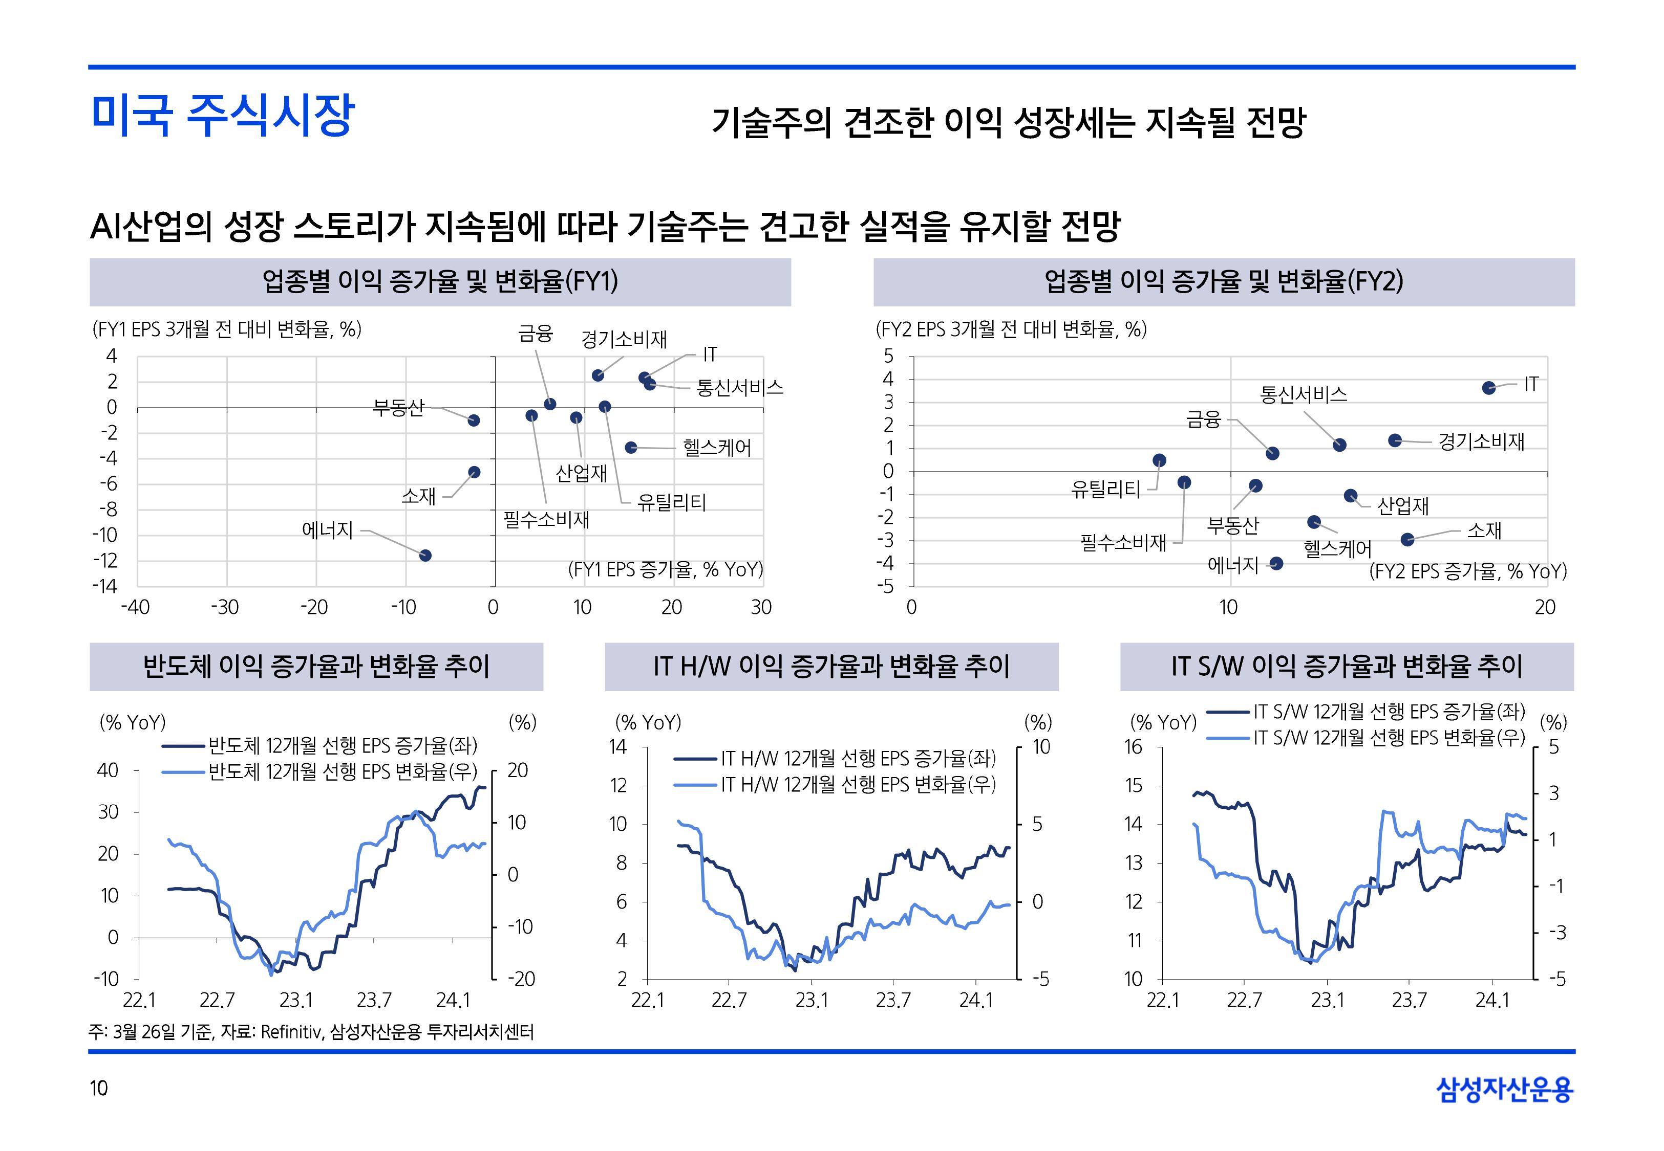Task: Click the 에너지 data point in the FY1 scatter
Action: click(425, 556)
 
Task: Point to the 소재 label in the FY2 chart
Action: click(1484, 531)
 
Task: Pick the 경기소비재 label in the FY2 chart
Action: click(1481, 441)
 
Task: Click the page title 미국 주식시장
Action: click(222, 116)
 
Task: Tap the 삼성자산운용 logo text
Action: click(1505, 1089)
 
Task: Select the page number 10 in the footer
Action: click(99, 1088)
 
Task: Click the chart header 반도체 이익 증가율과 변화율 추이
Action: click(316, 667)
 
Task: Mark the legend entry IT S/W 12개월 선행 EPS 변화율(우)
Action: click(1389, 738)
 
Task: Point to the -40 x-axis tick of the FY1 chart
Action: click(135, 607)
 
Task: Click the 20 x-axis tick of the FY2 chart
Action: click(1545, 607)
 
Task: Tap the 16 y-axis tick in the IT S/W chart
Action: click(1133, 747)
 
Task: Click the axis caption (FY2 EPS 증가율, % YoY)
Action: click(1468, 572)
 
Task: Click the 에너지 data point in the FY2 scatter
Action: click(1276, 563)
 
